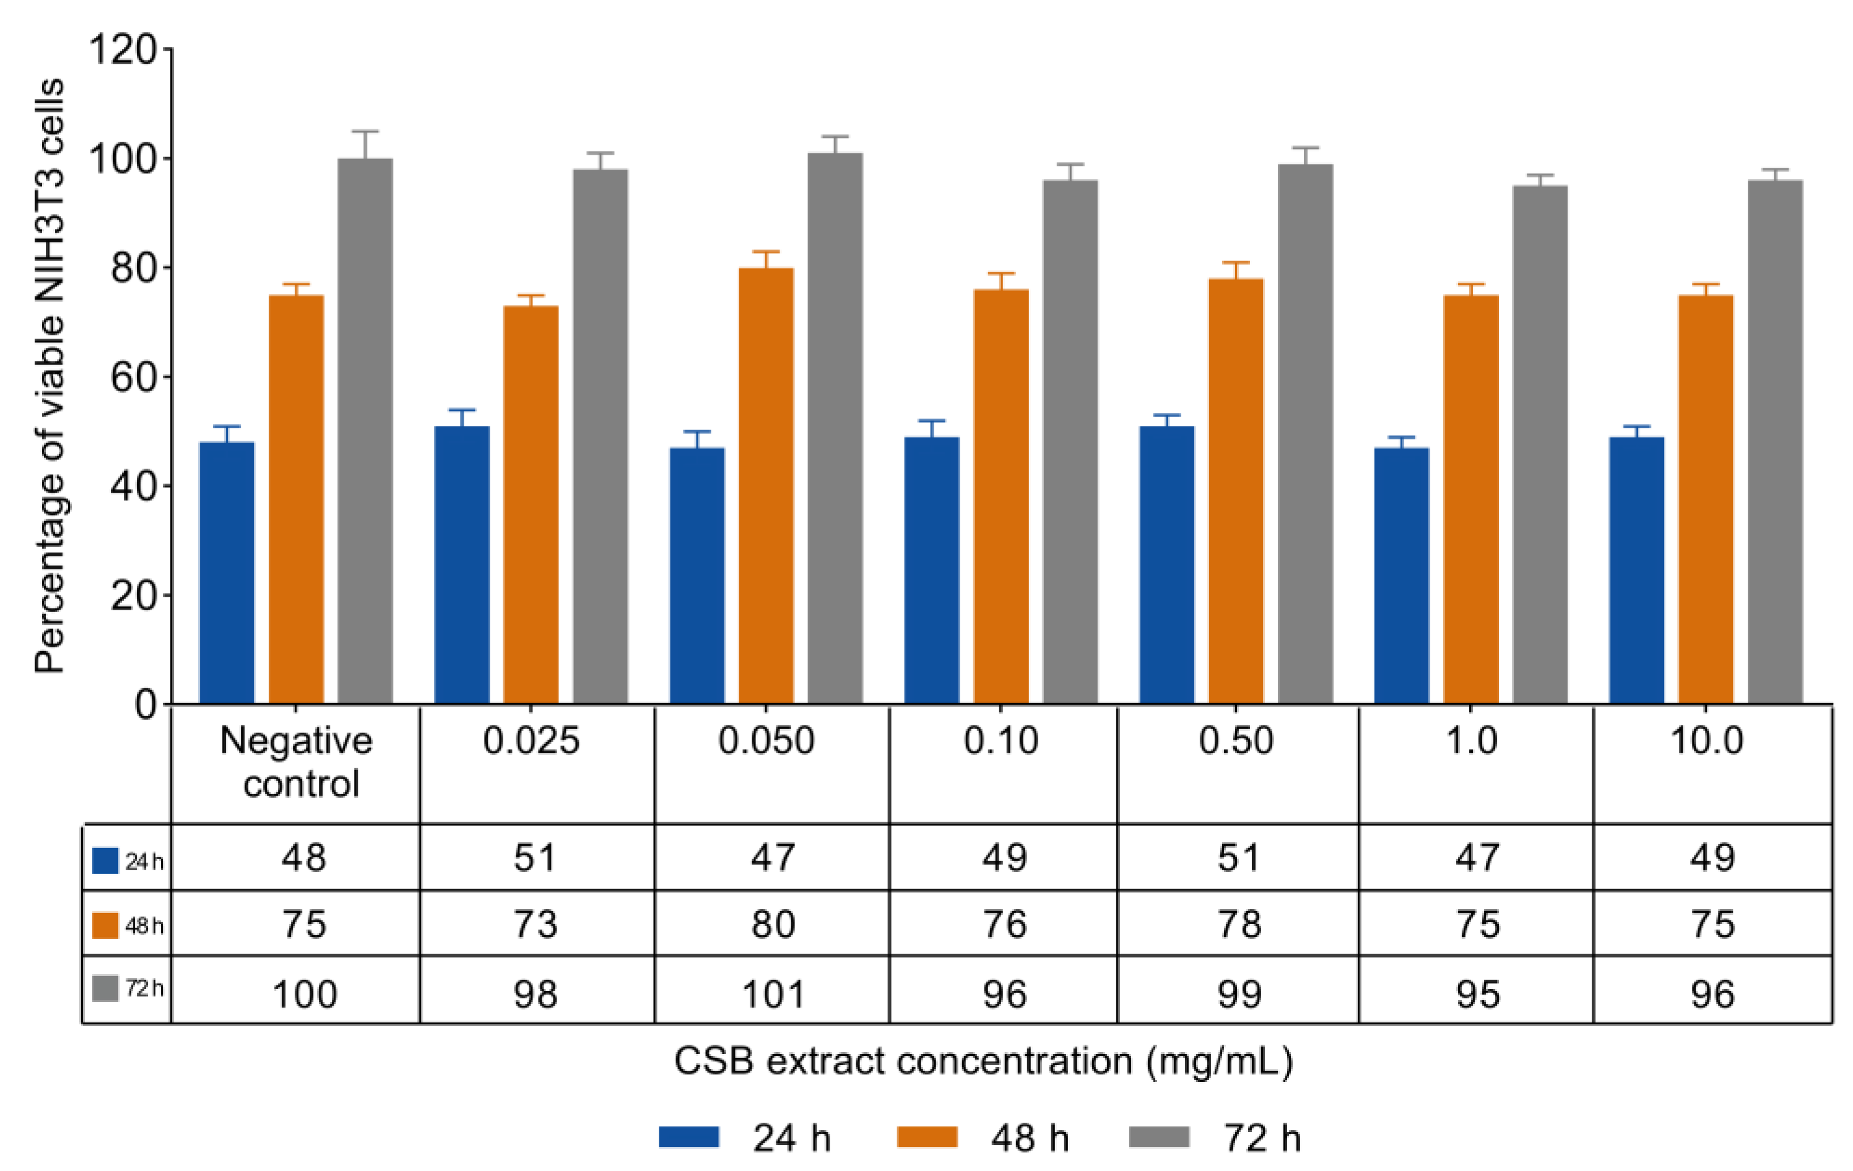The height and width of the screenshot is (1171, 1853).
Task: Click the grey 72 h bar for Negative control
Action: point(365,431)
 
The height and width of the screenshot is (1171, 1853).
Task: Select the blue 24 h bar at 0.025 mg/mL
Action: point(462,566)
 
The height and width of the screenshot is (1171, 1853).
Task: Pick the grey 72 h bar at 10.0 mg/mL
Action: point(1774,443)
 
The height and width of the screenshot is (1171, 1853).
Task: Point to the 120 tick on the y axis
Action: point(123,50)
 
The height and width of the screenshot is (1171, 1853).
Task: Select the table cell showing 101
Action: point(772,994)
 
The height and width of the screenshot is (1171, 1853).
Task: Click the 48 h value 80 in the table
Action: point(772,924)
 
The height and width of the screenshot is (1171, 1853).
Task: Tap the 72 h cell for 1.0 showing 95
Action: point(1477,994)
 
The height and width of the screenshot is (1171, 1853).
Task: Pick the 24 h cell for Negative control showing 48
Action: point(303,857)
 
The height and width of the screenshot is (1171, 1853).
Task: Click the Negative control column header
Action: point(297,762)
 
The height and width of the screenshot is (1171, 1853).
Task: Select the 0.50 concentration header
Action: point(1236,741)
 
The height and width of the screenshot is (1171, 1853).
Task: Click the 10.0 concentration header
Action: point(1705,741)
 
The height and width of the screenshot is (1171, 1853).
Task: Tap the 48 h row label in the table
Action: point(128,925)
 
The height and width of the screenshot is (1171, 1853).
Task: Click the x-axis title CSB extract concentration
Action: point(983,1061)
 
